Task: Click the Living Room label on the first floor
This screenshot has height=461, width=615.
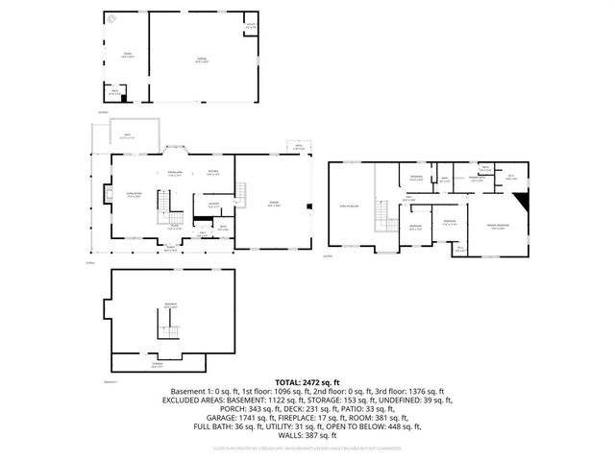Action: coord(129,196)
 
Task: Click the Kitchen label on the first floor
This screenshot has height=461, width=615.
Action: coord(213,174)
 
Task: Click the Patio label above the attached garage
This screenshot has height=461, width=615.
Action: coord(298,146)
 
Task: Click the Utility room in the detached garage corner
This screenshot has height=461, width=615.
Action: coord(251,26)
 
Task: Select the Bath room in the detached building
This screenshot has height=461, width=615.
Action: coord(114,93)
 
